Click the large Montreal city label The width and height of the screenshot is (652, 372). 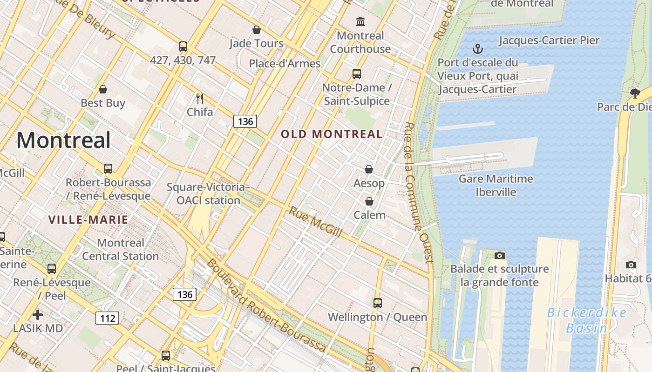[64, 140]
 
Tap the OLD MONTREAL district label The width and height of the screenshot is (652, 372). [332, 134]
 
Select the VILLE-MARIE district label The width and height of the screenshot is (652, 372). [88, 219]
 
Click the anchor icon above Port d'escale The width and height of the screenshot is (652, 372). [477, 49]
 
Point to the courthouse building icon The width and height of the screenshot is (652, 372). [360, 21]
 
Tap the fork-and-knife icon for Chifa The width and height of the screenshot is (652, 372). [200, 98]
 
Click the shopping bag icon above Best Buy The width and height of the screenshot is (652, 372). [103, 89]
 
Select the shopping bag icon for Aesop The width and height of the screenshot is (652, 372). [369, 169]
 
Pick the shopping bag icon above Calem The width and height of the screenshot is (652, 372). [369, 201]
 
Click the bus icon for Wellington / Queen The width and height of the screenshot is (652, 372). [377, 303]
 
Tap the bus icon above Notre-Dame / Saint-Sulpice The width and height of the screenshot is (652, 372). [357, 74]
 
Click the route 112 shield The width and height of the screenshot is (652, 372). [108, 318]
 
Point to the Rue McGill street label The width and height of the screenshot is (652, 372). [316, 222]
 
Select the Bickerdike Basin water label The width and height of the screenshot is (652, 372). [586, 320]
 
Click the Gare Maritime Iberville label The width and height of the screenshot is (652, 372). [496, 185]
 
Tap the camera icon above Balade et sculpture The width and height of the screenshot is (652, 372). [500, 255]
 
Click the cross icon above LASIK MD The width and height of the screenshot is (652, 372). [38, 315]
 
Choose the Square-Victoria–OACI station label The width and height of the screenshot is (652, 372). [208, 194]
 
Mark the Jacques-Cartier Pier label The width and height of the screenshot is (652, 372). [549, 40]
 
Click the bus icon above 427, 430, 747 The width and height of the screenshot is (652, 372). [183, 46]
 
